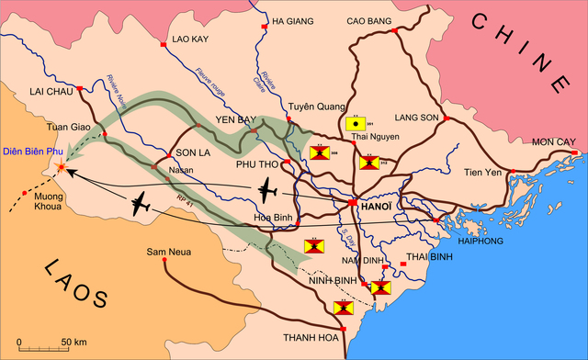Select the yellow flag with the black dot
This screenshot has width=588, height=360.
coord(353,121)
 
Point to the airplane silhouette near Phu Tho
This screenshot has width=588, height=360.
coord(266,192)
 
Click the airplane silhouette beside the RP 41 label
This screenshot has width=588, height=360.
coord(140,206)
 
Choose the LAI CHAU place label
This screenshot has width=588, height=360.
coord(51,93)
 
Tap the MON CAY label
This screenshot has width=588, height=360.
coord(553,142)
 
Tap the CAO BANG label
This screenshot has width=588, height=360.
coord(369,20)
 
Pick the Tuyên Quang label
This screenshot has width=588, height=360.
coord(314,107)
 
